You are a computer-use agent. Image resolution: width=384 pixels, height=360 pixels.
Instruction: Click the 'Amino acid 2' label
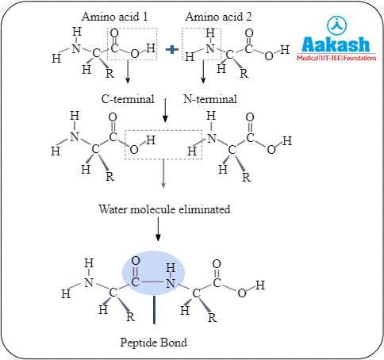(x=218, y=17)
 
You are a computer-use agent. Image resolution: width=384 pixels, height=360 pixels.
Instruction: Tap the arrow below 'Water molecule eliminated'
(x=158, y=230)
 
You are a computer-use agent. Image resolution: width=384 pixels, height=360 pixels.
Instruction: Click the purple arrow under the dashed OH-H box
(x=163, y=174)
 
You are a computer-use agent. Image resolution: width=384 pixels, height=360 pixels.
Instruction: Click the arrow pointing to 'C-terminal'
(x=127, y=79)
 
